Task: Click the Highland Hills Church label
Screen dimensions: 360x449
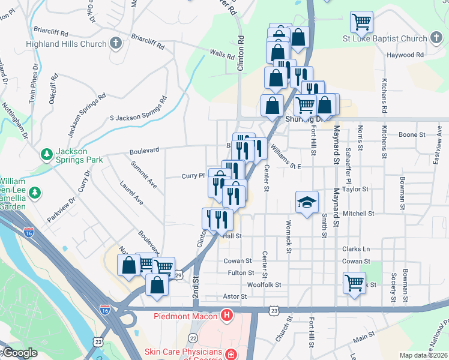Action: coord(66,44)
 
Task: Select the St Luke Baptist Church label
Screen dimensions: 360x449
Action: coord(384,39)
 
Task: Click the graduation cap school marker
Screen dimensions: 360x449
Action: coord(306,202)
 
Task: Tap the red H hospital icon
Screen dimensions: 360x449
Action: coord(227,315)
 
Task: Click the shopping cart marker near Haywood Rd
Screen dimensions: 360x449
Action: coord(362,22)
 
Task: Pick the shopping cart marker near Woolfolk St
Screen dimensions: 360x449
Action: coord(354,281)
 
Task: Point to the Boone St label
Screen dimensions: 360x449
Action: coord(412,135)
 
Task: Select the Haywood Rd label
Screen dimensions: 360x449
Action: coord(405,55)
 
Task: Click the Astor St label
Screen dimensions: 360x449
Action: coord(235,296)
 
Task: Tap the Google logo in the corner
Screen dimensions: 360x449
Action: coord(19,353)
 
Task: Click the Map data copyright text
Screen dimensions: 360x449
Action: coord(423,355)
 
